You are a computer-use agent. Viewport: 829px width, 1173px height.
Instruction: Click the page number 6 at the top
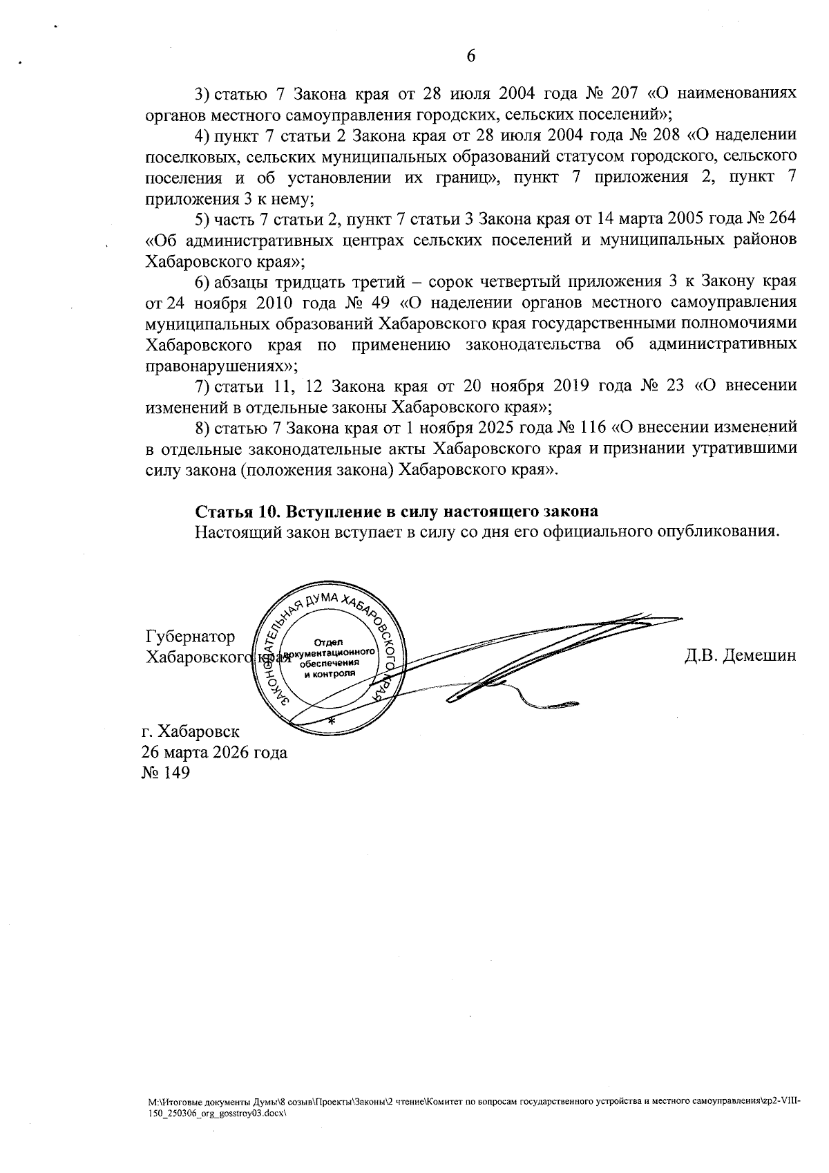click(471, 56)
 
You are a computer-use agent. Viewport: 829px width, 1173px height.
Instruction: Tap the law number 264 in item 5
click(782, 218)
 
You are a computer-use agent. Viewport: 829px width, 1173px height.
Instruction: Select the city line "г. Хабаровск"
click(191, 731)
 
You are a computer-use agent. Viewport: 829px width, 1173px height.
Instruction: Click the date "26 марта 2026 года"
click(215, 752)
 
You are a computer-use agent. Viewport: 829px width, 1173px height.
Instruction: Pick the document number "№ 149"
click(165, 773)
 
